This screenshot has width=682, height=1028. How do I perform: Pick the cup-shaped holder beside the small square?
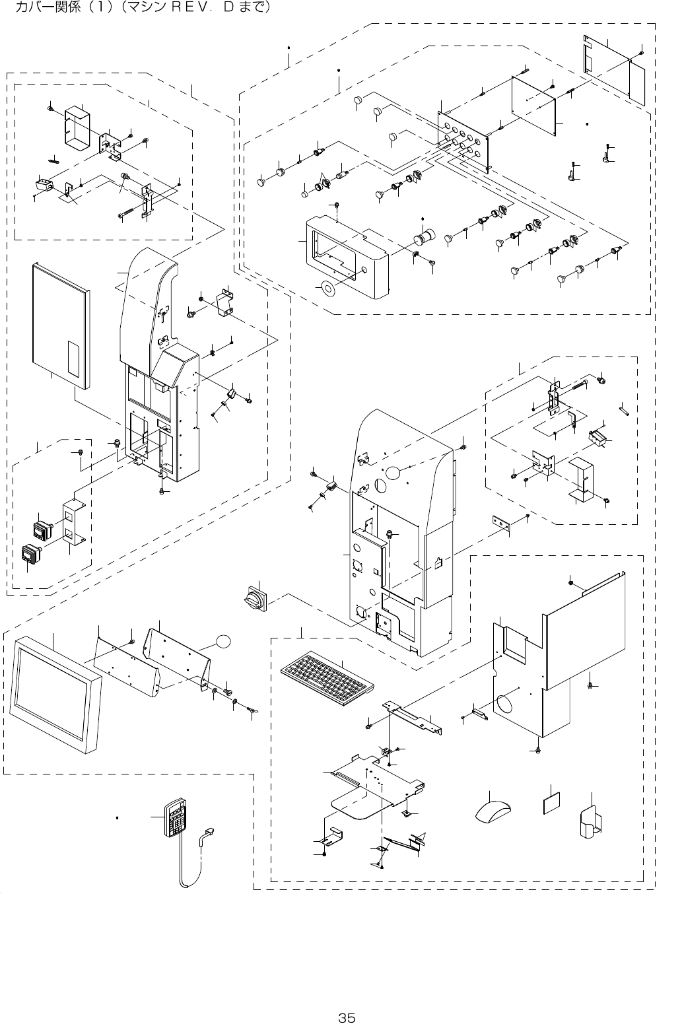[590, 820]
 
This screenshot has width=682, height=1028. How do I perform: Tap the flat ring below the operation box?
[326, 288]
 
